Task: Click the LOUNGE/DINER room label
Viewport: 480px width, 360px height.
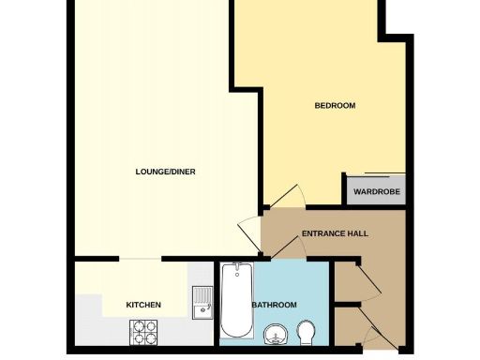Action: click(165, 172)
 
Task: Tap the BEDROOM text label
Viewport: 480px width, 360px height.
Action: click(335, 106)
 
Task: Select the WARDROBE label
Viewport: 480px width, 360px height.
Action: click(377, 192)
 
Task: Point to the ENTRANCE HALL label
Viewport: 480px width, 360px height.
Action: click(335, 233)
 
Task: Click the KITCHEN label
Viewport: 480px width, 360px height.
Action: click(143, 305)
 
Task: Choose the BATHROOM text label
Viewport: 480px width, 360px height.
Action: click(275, 305)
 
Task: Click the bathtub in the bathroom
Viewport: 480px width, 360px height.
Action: click(234, 302)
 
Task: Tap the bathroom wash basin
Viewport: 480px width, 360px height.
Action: click(275, 333)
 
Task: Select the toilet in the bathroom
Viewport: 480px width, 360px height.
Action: click(307, 331)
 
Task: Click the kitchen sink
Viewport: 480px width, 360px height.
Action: click(201, 301)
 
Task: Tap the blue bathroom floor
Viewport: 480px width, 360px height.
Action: click(281, 281)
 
